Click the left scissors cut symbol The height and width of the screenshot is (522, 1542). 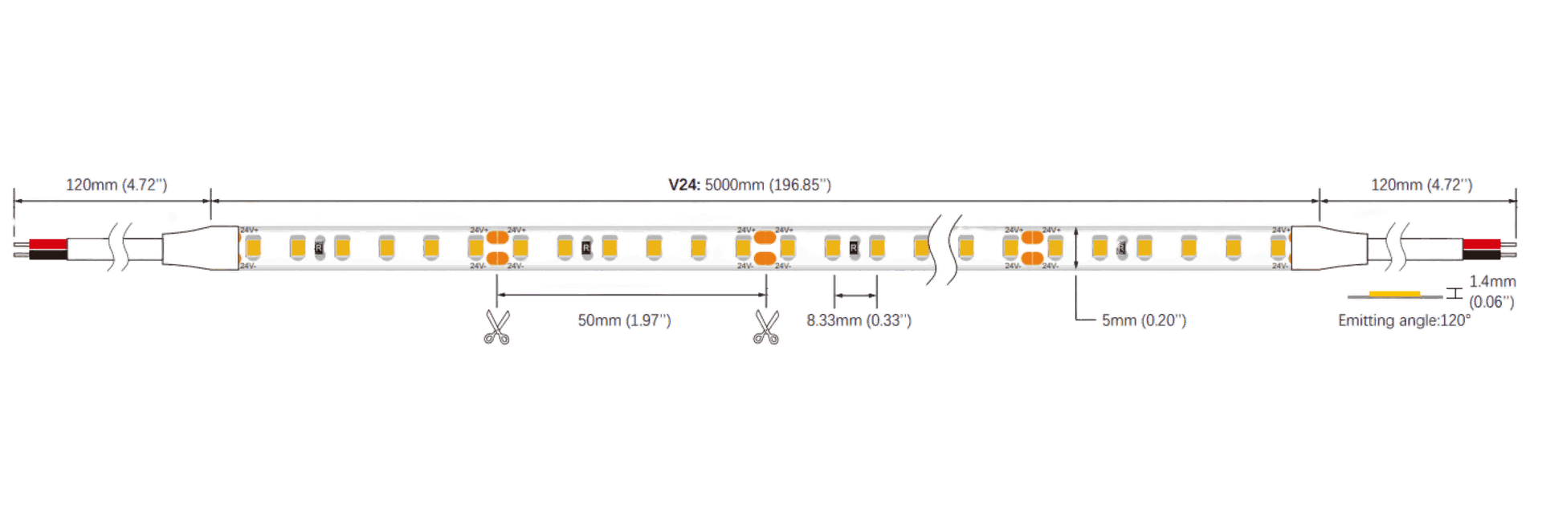[x=497, y=327]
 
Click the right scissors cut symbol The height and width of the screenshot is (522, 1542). [x=765, y=327]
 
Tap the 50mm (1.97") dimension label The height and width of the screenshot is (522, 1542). [x=624, y=320]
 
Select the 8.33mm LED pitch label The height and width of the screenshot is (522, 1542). [x=859, y=320]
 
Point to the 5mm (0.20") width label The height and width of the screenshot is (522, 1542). [x=1143, y=320]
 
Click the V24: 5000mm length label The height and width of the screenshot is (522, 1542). [x=749, y=186]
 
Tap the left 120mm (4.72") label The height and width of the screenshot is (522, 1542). [x=116, y=186]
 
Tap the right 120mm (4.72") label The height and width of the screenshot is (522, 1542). [x=1422, y=186]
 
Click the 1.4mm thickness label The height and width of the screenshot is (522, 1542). [x=1492, y=283]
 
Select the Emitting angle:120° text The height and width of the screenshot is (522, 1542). [x=1404, y=320]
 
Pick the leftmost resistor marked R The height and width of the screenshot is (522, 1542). [x=319, y=247]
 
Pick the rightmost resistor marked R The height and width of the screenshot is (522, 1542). [x=1120, y=247]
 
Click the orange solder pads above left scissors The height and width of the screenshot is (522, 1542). [x=499, y=247]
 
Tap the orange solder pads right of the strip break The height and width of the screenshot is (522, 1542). [x=1030, y=247]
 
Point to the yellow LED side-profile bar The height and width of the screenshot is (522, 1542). [x=1394, y=293]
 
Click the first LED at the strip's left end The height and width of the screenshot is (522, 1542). [x=248, y=247]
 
